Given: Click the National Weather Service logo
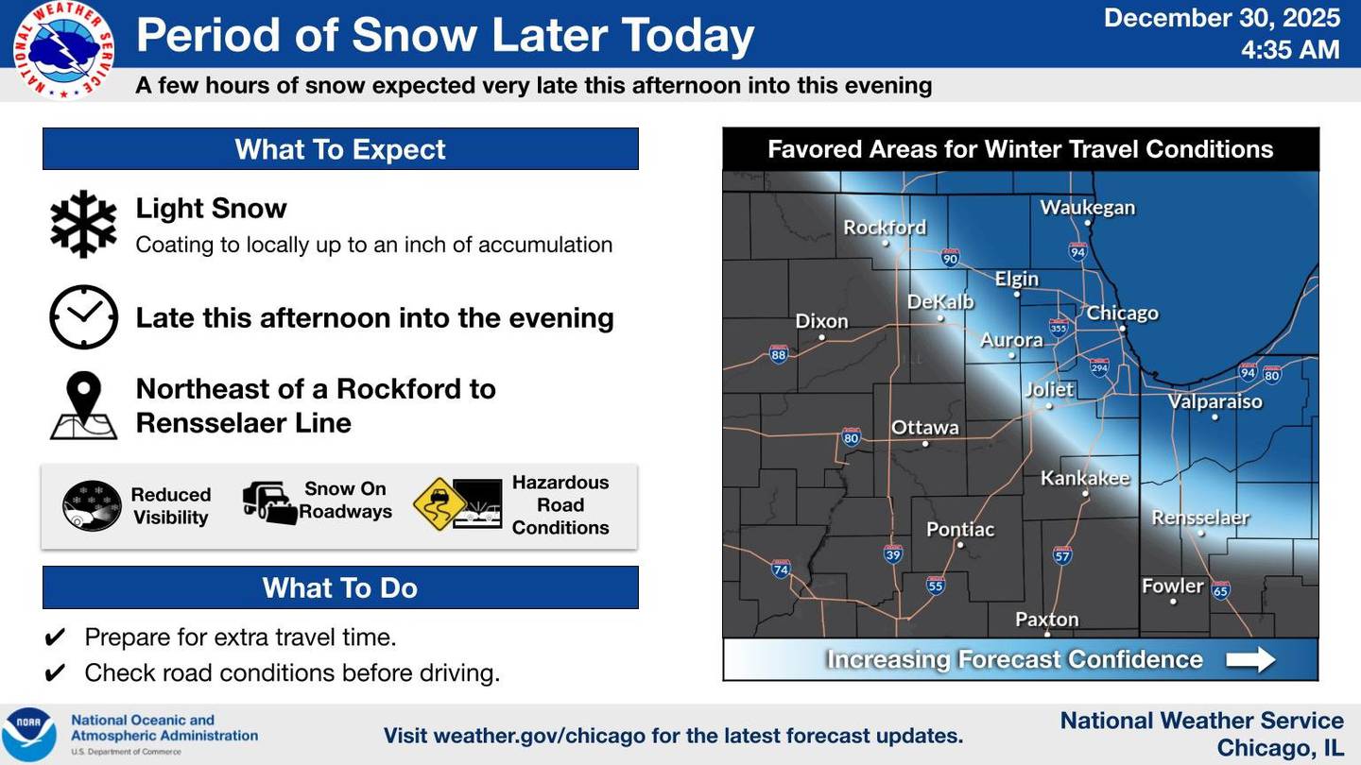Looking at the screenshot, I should tap(64, 49).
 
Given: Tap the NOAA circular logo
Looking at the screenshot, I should tap(28, 735).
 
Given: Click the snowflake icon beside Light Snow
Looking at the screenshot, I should tap(83, 224).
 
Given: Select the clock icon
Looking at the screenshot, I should tap(83, 317).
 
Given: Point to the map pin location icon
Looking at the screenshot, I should tap(84, 406).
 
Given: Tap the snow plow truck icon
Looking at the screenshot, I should tap(269, 501).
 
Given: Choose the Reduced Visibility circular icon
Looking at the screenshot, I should tap(92, 506).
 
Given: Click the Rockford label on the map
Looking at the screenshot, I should tap(885, 228).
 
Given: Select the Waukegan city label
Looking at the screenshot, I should tap(1087, 208).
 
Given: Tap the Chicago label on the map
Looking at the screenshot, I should tap(1122, 314).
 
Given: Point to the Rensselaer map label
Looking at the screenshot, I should tap(1200, 518).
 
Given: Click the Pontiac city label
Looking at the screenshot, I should tap(960, 530).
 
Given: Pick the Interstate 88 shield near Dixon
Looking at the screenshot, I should tap(779, 355).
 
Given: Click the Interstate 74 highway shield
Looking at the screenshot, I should tap(781, 569).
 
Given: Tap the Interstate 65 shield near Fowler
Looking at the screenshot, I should tap(1220, 590).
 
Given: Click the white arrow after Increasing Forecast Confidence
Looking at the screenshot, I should tap(1250, 659).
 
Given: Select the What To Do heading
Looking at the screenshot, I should tap(340, 587).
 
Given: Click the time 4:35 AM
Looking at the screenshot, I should tap(1290, 49).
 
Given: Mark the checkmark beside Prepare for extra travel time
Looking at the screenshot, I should tap(56, 637).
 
